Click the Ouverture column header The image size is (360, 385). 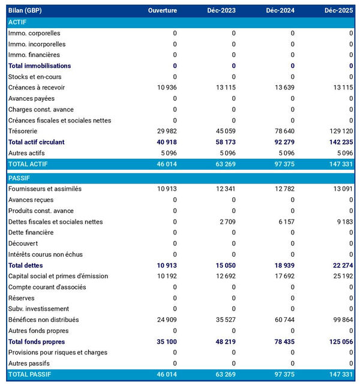(163, 11)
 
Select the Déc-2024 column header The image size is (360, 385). (279, 11)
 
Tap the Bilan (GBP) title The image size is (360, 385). (25, 11)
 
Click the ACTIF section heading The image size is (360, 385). (17, 22)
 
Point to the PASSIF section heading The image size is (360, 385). (19, 178)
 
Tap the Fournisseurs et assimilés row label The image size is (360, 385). (45, 189)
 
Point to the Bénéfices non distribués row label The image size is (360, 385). (44, 320)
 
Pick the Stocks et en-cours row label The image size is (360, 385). (35, 77)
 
